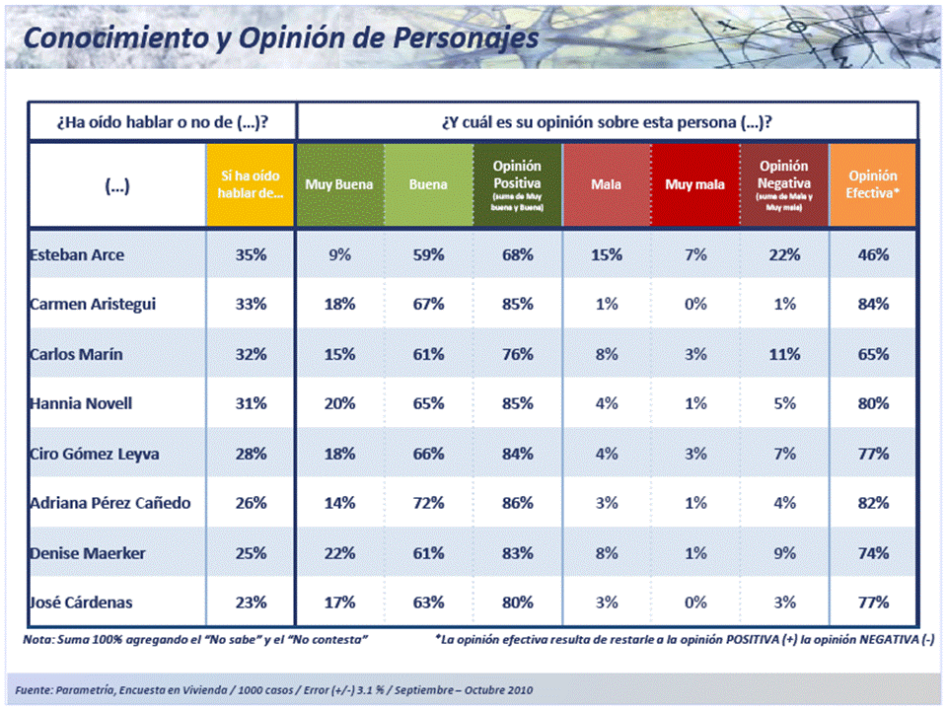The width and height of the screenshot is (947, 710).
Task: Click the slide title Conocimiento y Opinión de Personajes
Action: [281, 37]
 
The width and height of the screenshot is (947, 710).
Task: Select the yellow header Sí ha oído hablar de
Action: [251, 184]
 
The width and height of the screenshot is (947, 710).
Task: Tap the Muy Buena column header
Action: [340, 184]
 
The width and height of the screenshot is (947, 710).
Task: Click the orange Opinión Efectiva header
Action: [873, 184]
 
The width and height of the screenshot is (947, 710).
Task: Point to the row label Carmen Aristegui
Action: [93, 304]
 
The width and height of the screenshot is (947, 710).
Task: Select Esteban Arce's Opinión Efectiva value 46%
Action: [873, 254]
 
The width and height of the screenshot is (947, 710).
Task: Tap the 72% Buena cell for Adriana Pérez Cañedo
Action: [428, 503]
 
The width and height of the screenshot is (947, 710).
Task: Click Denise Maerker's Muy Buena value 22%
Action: [340, 552]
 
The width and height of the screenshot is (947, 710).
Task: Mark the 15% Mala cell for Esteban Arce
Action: [606, 254]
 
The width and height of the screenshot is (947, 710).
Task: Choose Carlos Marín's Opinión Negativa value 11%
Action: [783, 354]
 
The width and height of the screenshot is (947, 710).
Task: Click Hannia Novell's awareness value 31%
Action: [251, 403]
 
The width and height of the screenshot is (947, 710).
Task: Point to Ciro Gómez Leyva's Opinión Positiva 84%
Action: [517, 454]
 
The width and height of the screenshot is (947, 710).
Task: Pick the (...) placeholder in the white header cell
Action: [116, 184]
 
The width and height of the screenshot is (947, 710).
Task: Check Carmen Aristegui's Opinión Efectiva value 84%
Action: [873, 304]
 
